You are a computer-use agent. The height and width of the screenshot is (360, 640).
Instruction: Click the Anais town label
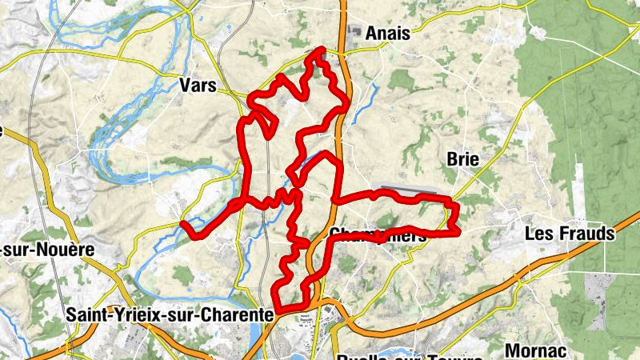coord(387,34)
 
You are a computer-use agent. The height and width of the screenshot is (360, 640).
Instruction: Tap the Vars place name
coord(198,86)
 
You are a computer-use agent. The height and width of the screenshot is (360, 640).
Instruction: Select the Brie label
coord(463,160)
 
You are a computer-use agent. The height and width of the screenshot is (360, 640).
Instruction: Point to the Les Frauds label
coord(569,234)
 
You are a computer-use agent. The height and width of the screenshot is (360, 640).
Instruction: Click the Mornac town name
coord(536,350)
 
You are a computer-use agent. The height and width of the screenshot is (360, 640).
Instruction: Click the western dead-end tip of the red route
coord(183,223)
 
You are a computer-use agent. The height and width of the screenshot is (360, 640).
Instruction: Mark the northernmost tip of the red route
coord(322,50)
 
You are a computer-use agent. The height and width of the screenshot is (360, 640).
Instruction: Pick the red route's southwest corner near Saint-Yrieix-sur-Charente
coord(277,307)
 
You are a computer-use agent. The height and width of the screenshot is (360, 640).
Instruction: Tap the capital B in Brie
coord(452,160)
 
